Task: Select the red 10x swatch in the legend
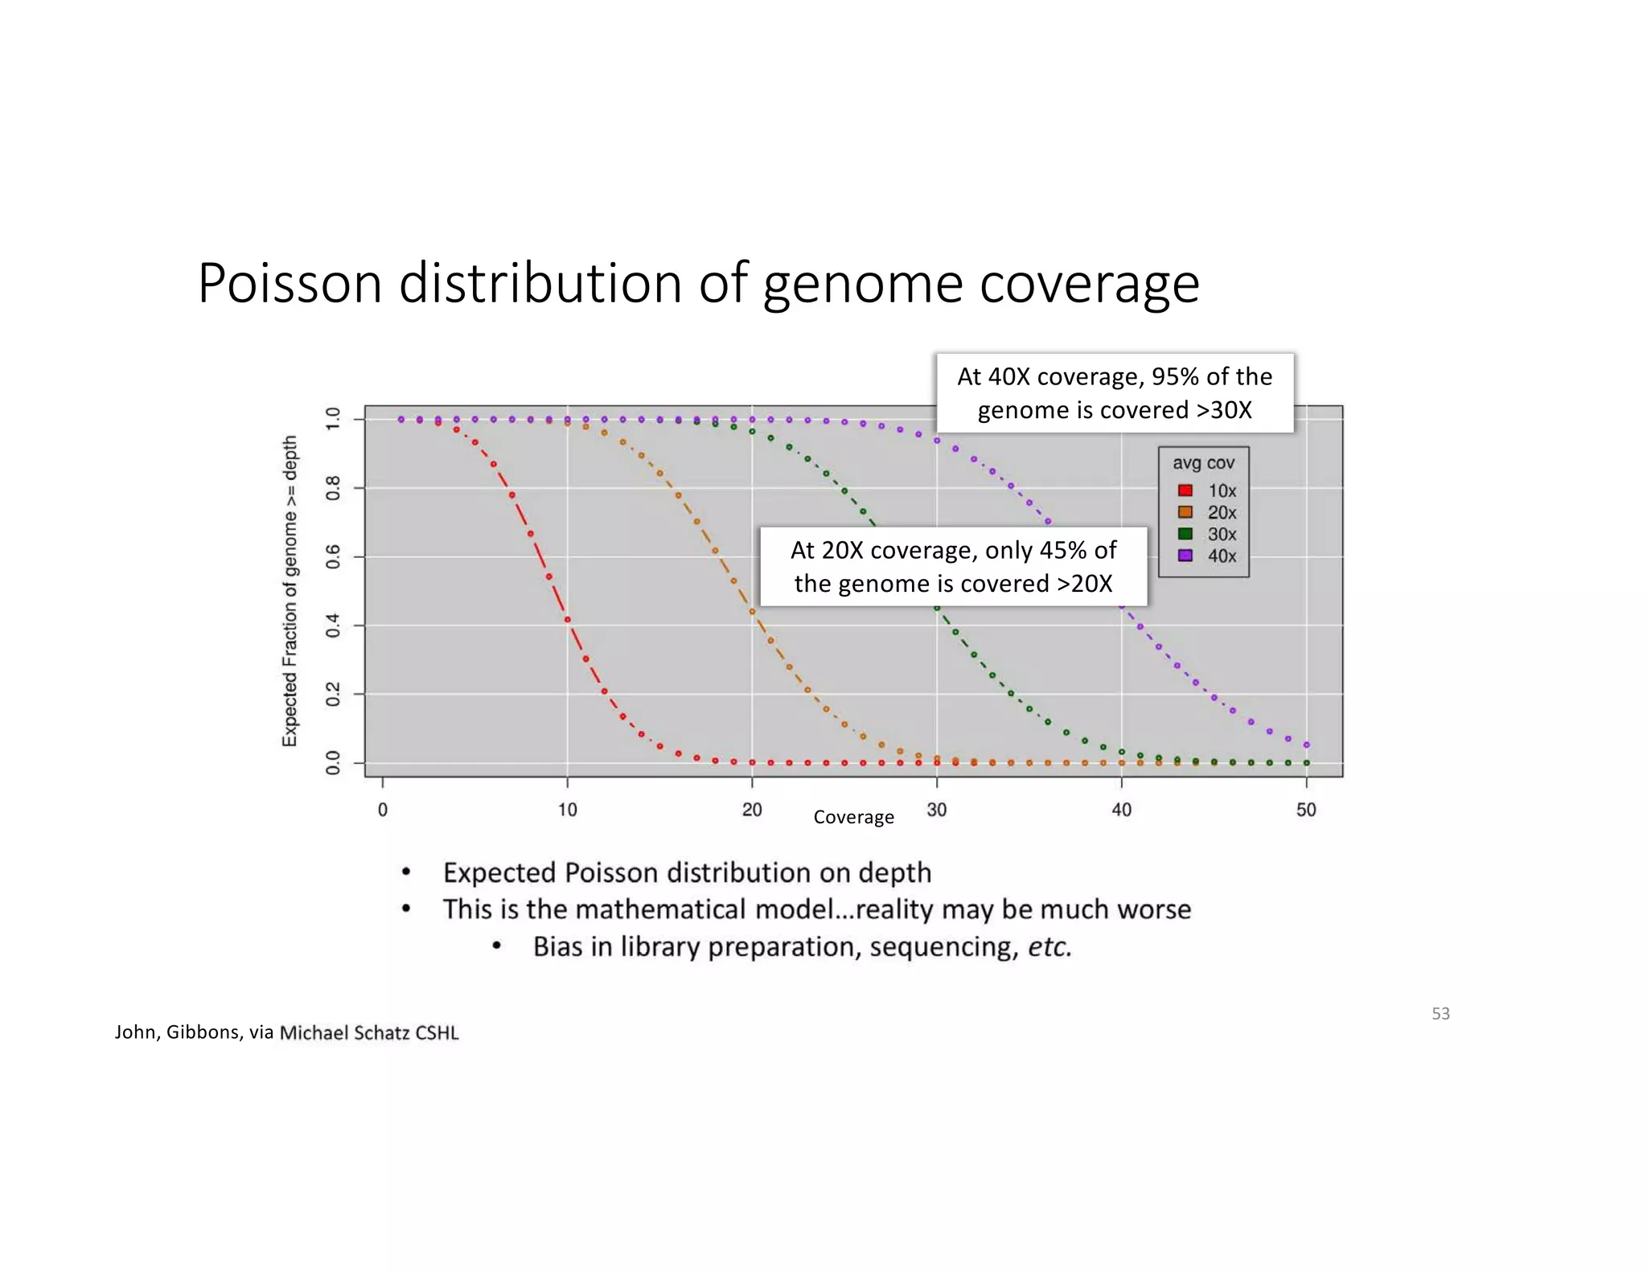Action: pyautogui.click(x=1185, y=490)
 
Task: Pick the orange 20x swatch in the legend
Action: pyautogui.click(x=1185, y=512)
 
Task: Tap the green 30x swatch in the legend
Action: pyautogui.click(x=1185, y=534)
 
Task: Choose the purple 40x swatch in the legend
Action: pyautogui.click(x=1185, y=556)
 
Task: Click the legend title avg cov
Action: pyautogui.click(x=1203, y=463)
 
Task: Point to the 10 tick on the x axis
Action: pyautogui.click(x=568, y=810)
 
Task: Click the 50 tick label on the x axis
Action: pyautogui.click(x=1306, y=810)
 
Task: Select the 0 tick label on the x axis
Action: pyautogui.click(x=383, y=810)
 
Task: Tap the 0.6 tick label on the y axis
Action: pyautogui.click(x=333, y=556)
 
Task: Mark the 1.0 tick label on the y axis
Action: pyautogui.click(x=333, y=419)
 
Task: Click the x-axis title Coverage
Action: pyautogui.click(x=853, y=818)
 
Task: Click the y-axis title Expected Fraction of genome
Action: pyautogui.click(x=290, y=591)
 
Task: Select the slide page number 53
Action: pyautogui.click(x=1440, y=1014)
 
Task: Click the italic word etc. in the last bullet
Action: pyautogui.click(x=1049, y=947)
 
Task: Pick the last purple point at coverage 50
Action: pyautogui.click(x=1306, y=745)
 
